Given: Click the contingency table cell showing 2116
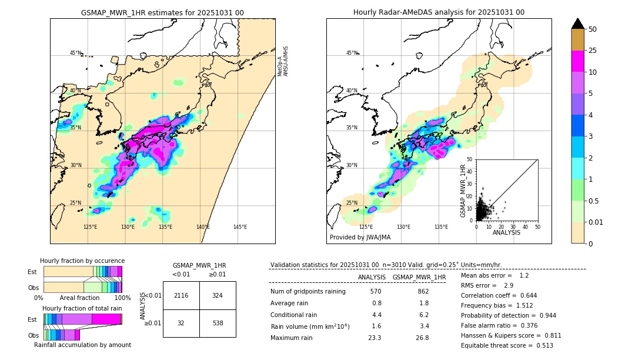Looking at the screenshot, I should (181, 295).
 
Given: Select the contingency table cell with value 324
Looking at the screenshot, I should (218, 295).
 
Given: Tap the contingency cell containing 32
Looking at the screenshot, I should (181, 323).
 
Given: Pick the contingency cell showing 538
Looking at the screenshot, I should (218, 323).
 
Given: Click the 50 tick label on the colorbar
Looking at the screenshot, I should (593, 29).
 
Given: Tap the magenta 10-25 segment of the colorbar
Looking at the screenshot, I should (577, 62).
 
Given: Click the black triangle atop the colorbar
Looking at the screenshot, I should (577, 24).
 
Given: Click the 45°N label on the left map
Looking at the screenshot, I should (75, 53).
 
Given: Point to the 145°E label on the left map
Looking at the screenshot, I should (240, 227).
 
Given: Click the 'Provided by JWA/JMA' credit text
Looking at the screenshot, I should (360, 237).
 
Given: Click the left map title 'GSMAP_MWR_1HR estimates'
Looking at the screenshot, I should (162, 12).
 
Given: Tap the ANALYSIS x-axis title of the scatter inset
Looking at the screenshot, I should (506, 232).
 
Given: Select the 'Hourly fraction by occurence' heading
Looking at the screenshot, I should (82, 261).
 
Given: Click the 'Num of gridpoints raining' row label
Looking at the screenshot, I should (308, 291).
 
